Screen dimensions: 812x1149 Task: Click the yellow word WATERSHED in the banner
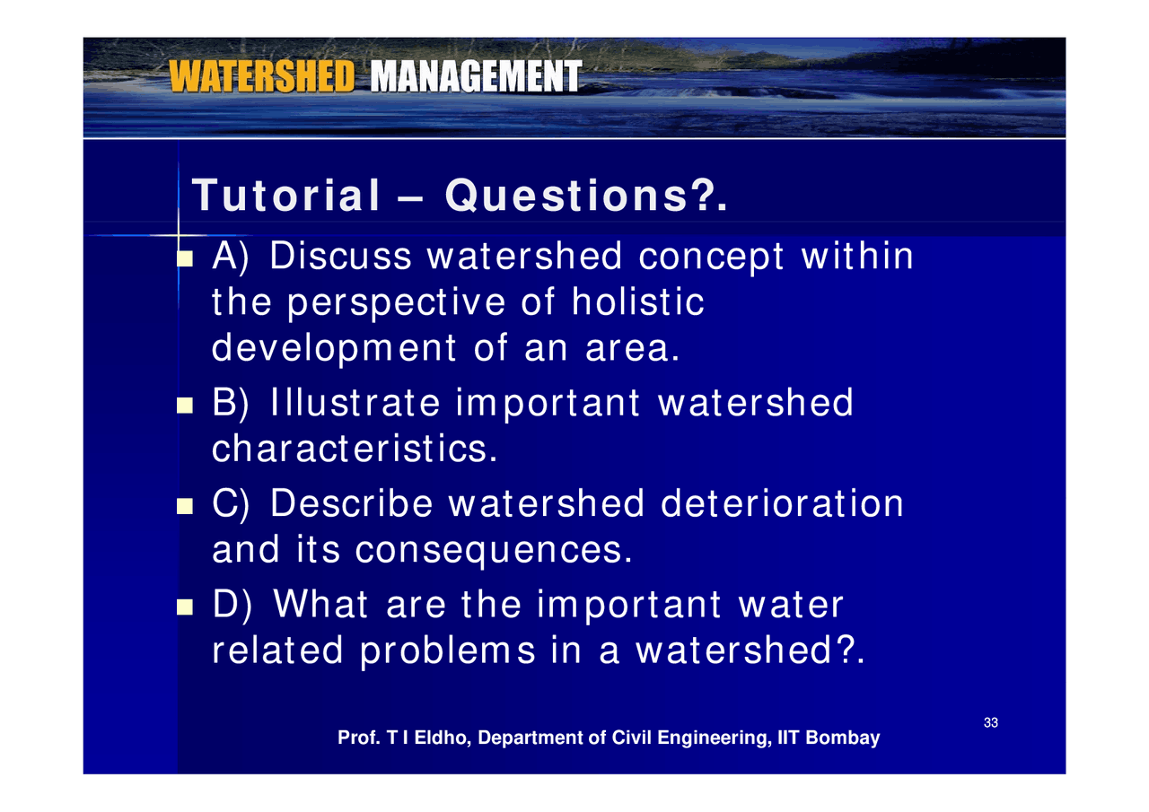(x=262, y=77)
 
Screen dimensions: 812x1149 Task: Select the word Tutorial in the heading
(x=287, y=196)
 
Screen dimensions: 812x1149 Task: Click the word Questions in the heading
(x=575, y=196)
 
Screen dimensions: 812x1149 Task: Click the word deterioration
(x=782, y=503)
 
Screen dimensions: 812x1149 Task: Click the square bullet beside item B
(x=185, y=406)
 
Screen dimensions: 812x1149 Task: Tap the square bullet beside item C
(x=185, y=506)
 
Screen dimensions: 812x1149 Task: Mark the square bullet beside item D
(x=185, y=607)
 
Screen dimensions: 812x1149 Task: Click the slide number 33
(x=991, y=723)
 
